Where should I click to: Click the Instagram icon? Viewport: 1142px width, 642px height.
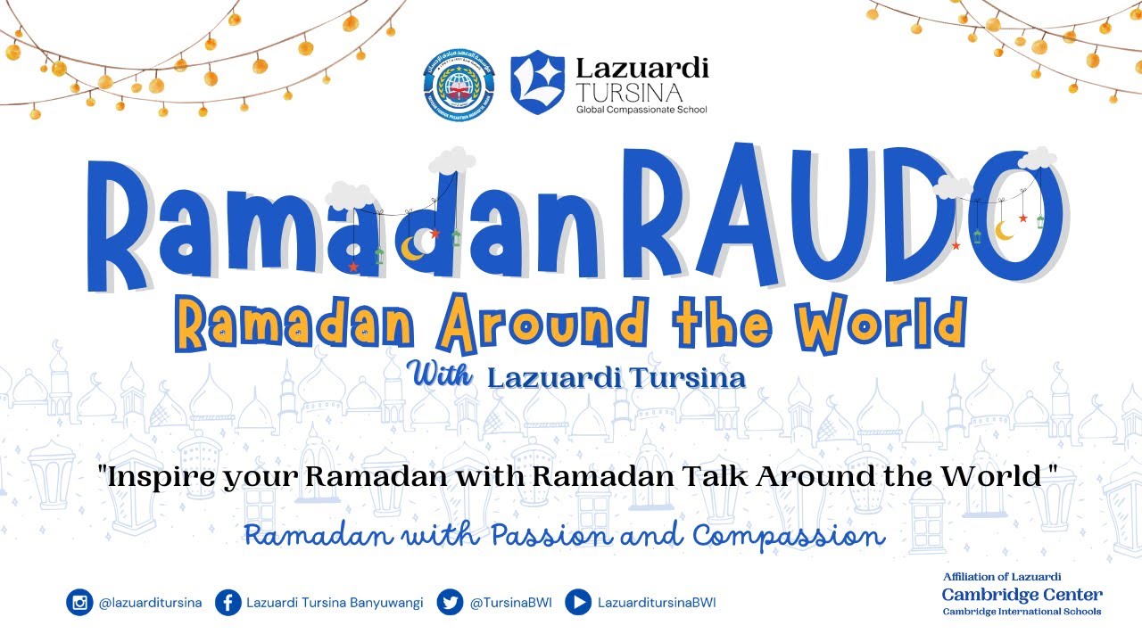point(79,603)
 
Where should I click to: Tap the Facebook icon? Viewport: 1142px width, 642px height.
point(228,603)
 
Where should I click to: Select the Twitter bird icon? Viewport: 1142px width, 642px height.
point(450,603)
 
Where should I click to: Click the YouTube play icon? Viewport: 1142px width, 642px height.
point(578,603)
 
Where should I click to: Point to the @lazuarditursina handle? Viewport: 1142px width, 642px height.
point(150,603)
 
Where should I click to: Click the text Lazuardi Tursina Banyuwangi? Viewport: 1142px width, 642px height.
point(335,603)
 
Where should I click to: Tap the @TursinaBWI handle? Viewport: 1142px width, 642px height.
point(510,603)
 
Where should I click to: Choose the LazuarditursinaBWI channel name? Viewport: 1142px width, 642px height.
point(657,603)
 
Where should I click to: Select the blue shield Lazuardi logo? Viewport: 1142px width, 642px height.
point(537,82)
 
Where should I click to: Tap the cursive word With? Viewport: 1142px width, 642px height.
point(442,374)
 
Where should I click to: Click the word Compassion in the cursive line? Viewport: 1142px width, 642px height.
point(789,536)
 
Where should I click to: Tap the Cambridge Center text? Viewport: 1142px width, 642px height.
point(1022,595)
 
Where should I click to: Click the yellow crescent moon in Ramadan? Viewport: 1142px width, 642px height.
point(412,248)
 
